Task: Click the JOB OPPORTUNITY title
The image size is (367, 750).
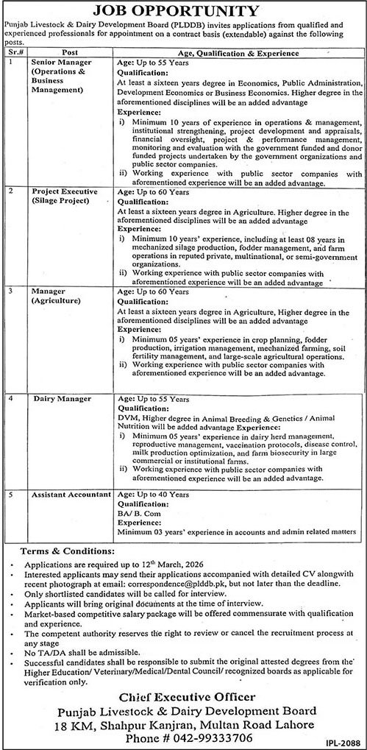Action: [x=184, y=12]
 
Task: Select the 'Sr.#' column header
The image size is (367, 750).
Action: [x=13, y=54]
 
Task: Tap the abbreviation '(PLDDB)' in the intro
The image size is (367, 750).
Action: [x=190, y=24]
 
